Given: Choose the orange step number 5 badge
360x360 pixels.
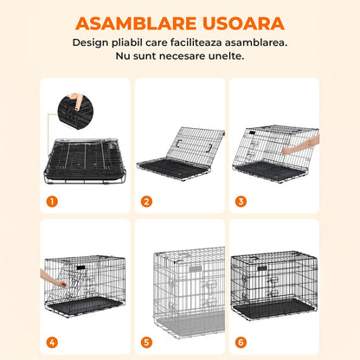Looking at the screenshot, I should click(x=146, y=341).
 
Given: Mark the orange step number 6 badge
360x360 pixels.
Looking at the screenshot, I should click(x=240, y=341).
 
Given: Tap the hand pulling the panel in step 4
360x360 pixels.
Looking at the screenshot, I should click(x=61, y=279).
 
